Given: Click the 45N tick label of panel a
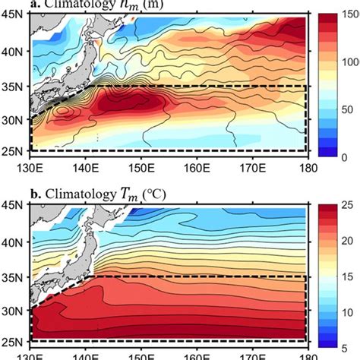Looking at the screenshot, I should click(13, 16).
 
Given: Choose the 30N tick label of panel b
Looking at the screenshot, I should click(13, 310).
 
